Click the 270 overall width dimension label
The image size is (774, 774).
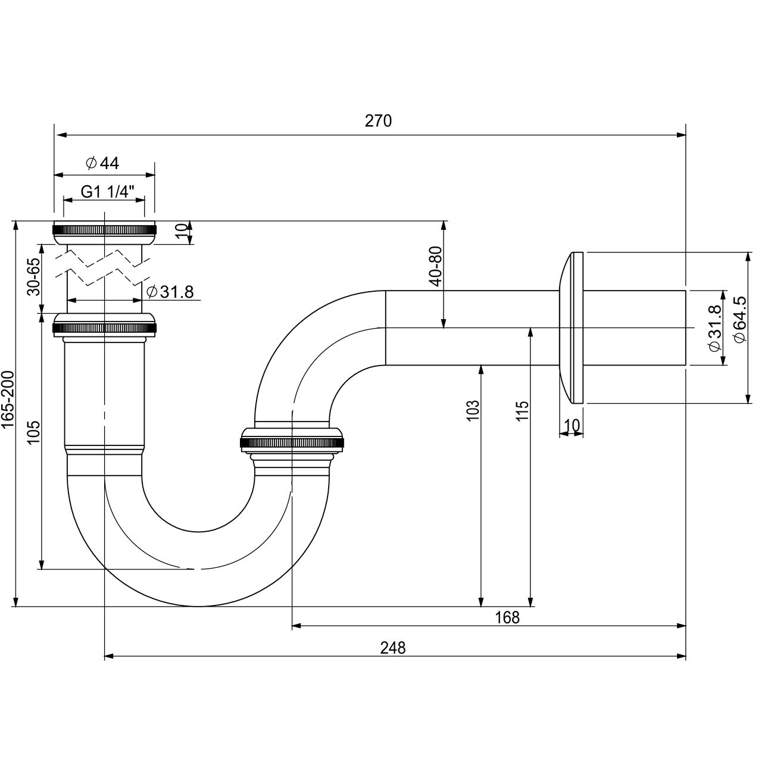point(379,121)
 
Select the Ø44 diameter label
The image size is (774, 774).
point(102,163)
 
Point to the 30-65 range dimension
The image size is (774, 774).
point(34,276)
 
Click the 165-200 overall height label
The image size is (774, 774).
point(8,400)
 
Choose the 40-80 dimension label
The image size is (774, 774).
point(436,266)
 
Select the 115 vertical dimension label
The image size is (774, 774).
point(522,411)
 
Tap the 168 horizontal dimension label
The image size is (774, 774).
point(507,618)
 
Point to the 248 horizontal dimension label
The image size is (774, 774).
point(393,648)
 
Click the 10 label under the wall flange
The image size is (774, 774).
point(572,425)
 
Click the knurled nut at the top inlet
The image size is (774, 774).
point(104,230)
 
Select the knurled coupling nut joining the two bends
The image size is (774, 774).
point(292,442)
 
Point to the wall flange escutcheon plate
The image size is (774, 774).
point(572,327)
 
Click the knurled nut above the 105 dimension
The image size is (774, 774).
point(104,326)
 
